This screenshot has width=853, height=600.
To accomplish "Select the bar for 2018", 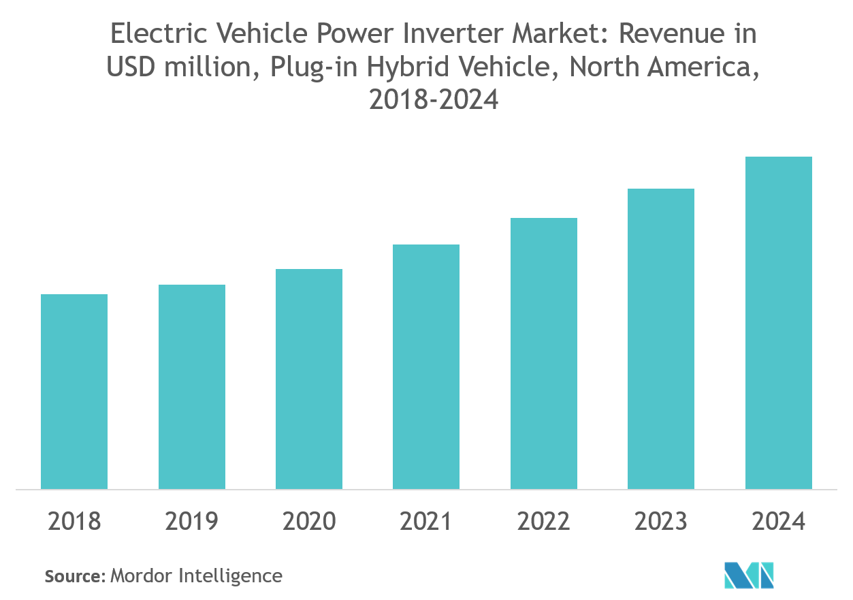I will (x=74, y=392).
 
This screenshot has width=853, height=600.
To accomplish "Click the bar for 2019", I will (x=192, y=387).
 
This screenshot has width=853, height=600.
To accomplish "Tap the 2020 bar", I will (x=309, y=379).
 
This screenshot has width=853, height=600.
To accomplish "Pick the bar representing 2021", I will (x=426, y=366).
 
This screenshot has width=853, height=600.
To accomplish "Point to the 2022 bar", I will (x=544, y=353).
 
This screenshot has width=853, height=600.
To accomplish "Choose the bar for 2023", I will (x=661, y=338).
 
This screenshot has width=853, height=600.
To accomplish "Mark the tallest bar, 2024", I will (x=779, y=323).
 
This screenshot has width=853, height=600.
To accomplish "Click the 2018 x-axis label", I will (x=74, y=522).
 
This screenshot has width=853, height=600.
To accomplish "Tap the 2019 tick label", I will (x=192, y=522).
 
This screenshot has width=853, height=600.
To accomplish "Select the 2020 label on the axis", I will (x=309, y=522).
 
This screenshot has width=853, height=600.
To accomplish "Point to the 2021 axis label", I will (x=426, y=522).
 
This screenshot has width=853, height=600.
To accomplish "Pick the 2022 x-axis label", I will (x=544, y=522).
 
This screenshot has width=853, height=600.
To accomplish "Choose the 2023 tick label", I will (x=661, y=522).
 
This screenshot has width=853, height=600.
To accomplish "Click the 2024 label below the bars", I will (x=779, y=522).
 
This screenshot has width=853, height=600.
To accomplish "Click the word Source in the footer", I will (x=73, y=576).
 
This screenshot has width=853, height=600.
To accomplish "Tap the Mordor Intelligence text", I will (x=196, y=576).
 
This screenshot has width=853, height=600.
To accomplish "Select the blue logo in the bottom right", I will (x=750, y=575).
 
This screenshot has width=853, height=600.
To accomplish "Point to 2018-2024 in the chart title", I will (x=433, y=100).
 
